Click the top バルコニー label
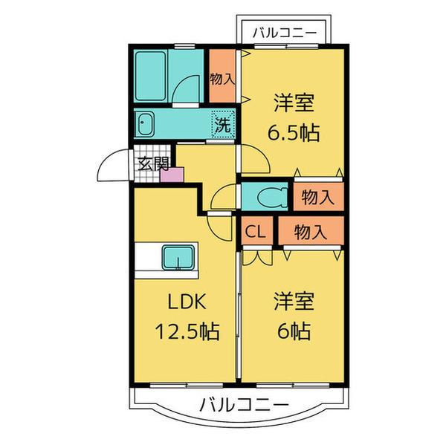pyautogui.click(x=285, y=32)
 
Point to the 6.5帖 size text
pyautogui.click(x=294, y=132)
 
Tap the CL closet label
pyautogui.click(x=256, y=231)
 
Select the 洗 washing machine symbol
pyautogui.click(x=222, y=123)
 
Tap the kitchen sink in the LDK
pyautogui.click(x=178, y=258)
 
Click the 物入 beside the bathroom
pyautogui.click(x=221, y=76)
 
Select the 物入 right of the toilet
pyautogui.click(x=317, y=198)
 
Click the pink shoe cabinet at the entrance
pyautogui.click(x=172, y=175)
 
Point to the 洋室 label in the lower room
pyautogui.click(x=293, y=302)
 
